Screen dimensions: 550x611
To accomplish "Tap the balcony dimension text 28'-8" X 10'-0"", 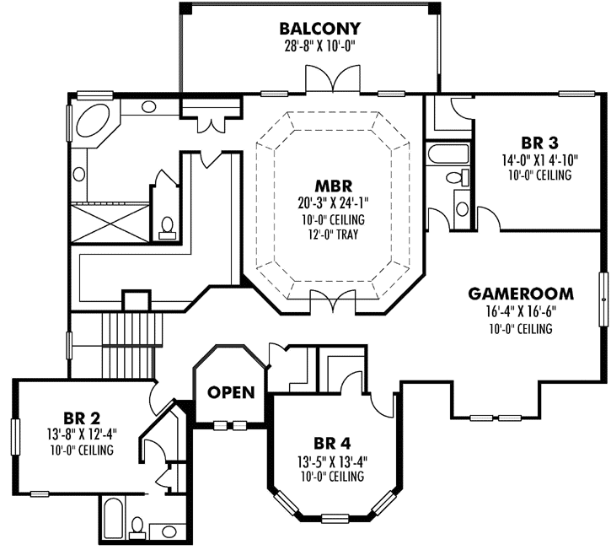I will point(319,47).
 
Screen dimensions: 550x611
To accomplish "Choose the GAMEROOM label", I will point(521,294).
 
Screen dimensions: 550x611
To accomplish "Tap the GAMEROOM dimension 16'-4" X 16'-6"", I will point(521,312).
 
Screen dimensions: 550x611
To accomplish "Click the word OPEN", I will point(231,392).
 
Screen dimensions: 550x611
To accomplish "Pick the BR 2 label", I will point(82,417).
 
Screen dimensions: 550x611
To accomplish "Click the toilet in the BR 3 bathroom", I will point(456,177).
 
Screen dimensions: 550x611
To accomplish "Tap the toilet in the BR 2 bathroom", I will point(137,526).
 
